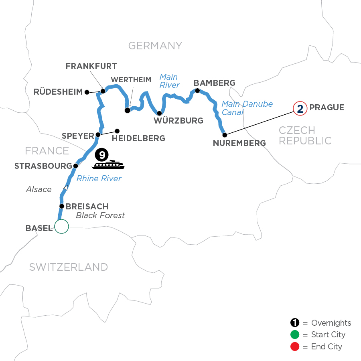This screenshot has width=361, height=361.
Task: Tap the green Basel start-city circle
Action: pyautogui.click(x=62, y=227)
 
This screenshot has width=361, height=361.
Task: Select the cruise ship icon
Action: pyautogui.click(x=108, y=165)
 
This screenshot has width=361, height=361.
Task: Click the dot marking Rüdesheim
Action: pyautogui.click(x=87, y=92)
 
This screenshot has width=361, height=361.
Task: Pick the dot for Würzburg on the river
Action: pyautogui.click(x=159, y=113)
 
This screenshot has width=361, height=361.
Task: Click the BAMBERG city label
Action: pyautogui.click(x=215, y=83)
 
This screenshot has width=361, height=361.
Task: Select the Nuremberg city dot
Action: pyautogui.click(x=225, y=135)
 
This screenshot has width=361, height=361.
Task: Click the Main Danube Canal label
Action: pyautogui.click(x=247, y=108)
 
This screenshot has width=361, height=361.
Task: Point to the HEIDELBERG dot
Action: pyautogui.click(x=117, y=131)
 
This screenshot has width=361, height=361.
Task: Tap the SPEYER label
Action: pyautogui.click(x=77, y=136)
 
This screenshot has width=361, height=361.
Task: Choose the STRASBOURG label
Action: pyautogui.click(x=43, y=166)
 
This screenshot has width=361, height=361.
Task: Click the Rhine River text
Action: pyautogui.click(x=99, y=178)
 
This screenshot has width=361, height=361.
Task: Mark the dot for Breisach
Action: pyautogui.click(x=62, y=207)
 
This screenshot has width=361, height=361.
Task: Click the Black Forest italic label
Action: pyautogui.click(x=100, y=216)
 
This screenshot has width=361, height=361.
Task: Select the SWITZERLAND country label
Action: pyautogui.click(x=68, y=267)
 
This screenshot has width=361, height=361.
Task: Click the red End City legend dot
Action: pyautogui.click(x=295, y=347)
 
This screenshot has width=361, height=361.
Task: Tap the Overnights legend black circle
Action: pyautogui.click(x=295, y=323)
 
